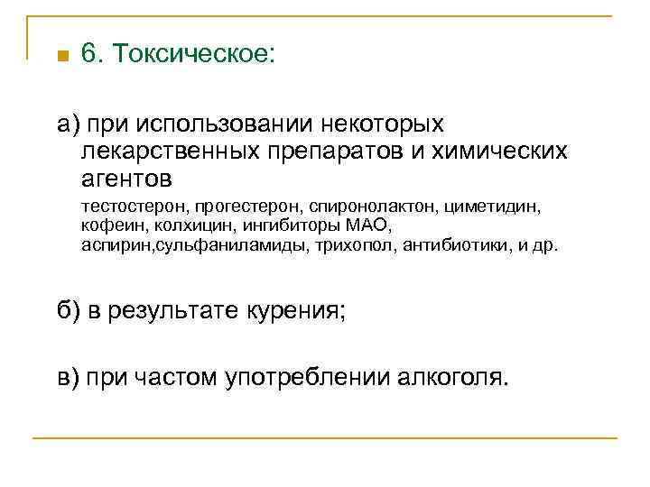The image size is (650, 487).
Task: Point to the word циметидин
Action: tap(491, 207)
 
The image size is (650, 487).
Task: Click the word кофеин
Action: tap(109, 225)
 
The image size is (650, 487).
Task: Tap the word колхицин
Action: tap(187, 225)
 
